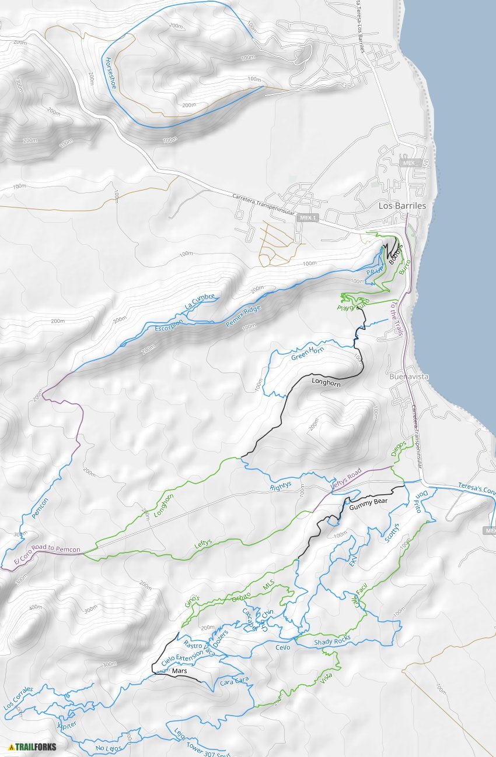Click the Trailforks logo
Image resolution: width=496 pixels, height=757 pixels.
33,747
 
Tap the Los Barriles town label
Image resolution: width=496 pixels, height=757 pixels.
402,206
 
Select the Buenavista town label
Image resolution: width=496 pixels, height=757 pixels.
408,376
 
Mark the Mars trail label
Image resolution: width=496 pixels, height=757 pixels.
179,671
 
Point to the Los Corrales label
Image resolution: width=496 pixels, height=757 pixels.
18,697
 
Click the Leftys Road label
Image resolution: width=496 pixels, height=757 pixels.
346,478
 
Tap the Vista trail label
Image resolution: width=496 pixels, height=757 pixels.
327,677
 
